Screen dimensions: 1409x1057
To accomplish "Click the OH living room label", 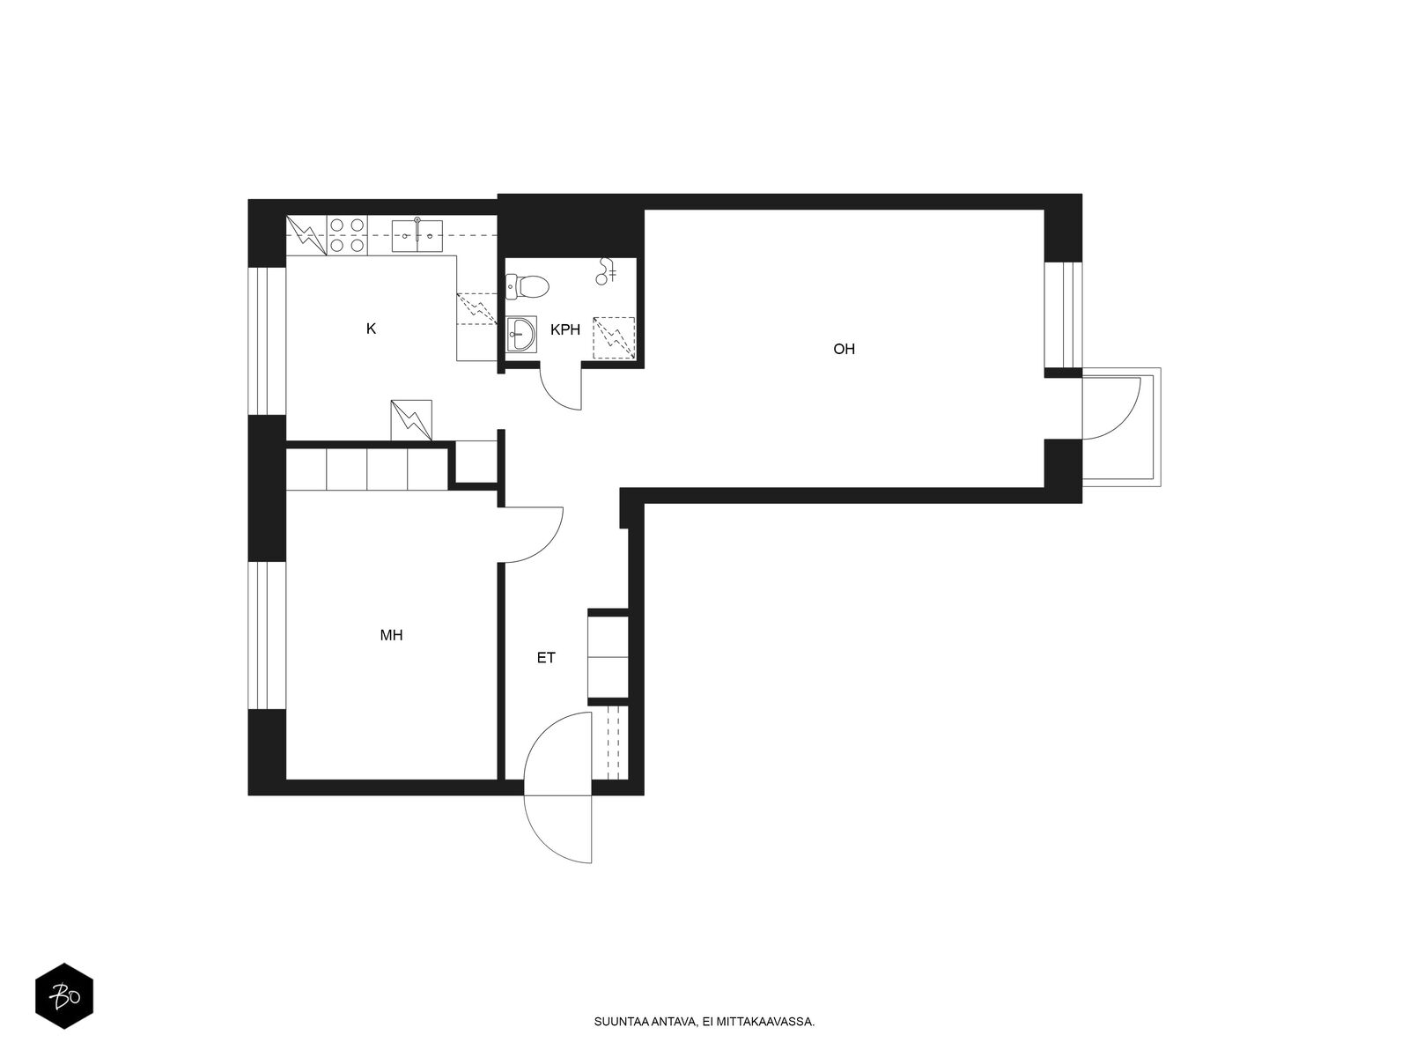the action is (x=844, y=349).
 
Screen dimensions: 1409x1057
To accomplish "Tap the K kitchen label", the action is (x=371, y=329).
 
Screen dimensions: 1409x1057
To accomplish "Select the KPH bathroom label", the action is (x=564, y=329).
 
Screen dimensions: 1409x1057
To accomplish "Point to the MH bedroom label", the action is (x=391, y=635).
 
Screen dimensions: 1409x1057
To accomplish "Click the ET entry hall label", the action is (x=546, y=658).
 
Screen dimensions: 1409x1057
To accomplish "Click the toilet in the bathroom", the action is (x=527, y=286).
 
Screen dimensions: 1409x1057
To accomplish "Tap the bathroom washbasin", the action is (x=521, y=335).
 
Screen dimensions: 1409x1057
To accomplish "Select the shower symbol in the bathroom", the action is (x=606, y=271).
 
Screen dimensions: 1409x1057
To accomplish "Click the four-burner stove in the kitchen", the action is (x=347, y=235).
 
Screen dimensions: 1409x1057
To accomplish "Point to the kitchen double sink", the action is (x=417, y=235).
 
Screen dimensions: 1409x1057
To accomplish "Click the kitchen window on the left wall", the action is (x=267, y=341).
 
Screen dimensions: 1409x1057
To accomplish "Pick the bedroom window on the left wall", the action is (x=267, y=636).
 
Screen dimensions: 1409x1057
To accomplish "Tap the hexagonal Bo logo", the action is (x=64, y=995).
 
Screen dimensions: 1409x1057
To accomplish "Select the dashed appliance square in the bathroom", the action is (x=614, y=337).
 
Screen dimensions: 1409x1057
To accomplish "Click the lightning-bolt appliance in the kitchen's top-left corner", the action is (x=306, y=235).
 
